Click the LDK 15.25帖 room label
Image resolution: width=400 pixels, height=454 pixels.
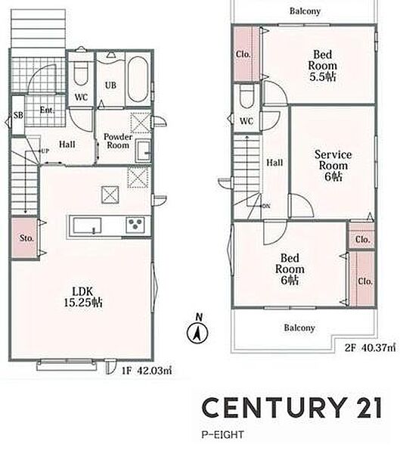pyautogui.click(x=83, y=297)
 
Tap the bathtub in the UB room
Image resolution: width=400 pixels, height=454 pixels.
pyautogui.click(x=138, y=79)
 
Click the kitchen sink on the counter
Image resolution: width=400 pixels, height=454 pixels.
pyautogui.click(x=87, y=225)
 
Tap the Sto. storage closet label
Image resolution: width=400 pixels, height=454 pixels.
pyautogui.click(x=26, y=238)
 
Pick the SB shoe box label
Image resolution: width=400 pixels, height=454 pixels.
pyautogui.click(x=18, y=115)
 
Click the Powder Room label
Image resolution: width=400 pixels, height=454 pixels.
pyautogui.click(x=118, y=141)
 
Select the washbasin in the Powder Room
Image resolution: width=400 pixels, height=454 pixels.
pyautogui.click(x=144, y=151)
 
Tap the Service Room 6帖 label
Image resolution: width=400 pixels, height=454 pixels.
pyautogui.click(x=333, y=165)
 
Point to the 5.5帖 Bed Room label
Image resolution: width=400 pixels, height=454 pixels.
pyautogui.click(x=322, y=66)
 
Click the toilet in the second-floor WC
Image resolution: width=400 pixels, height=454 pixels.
pyautogui.click(x=247, y=96)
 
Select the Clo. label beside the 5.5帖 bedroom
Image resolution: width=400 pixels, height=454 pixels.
pyautogui.click(x=243, y=54)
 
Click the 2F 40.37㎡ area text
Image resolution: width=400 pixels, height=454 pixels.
pyautogui.click(x=370, y=347)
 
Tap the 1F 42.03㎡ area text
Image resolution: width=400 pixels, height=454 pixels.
pyautogui.click(x=147, y=371)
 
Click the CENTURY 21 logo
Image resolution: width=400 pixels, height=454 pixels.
pyautogui.click(x=291, y=407)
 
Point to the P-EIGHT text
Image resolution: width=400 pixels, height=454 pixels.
pyautogui.click(x=222, y=434)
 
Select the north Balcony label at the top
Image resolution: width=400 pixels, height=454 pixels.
pyautogui.click(x=305, y=11)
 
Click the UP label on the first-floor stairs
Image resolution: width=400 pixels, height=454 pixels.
pyautogui.click(x=45, y=151)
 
